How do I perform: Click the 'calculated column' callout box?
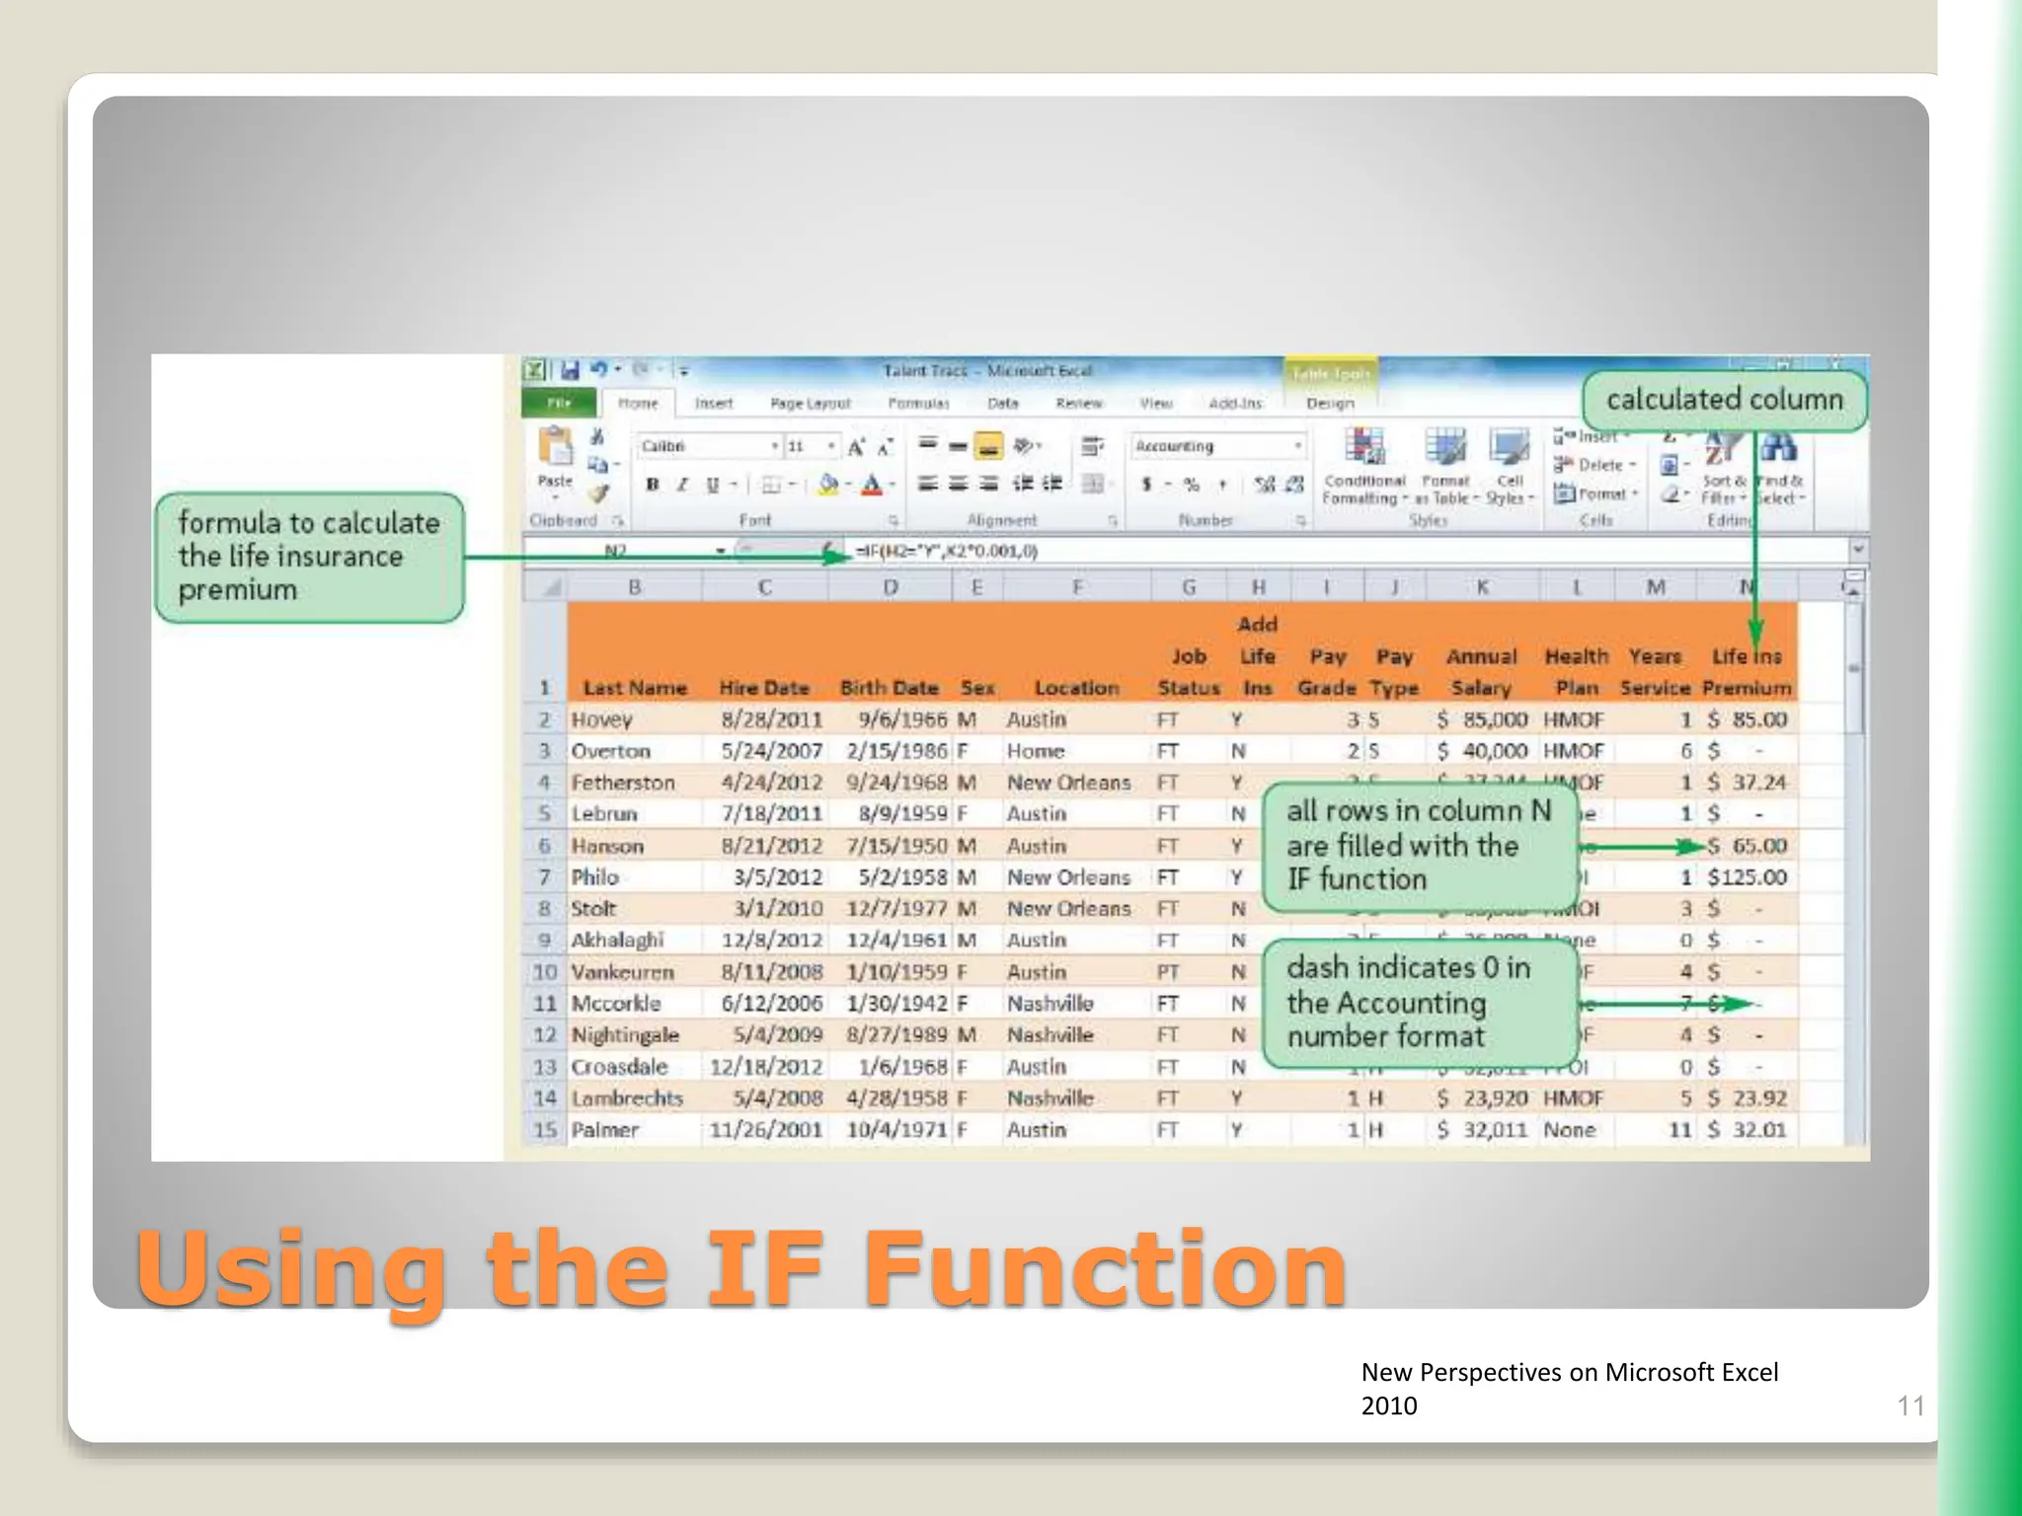[1724, 400]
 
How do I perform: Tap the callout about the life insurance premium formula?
[309, 557]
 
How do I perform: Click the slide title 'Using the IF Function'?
[740, 1268]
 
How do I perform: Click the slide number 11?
[1910, 1405]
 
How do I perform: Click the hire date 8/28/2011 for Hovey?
[771, 720]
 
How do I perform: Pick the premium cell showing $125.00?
[1747, 877]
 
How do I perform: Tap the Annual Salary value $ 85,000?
[1483, 720]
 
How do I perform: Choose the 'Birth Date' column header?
[889, 688]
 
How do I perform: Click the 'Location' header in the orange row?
[1076, 688]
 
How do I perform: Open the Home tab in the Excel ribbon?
[638, 404]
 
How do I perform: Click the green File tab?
[559, 404]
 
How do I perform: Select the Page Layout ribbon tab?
[810, 404]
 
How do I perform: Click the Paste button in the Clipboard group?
[555, 459]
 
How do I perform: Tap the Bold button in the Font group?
[653, 485]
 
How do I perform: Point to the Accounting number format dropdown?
[1218, 447]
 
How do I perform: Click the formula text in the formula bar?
[945, 551]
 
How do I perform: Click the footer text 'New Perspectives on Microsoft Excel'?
[1569, 1372]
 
